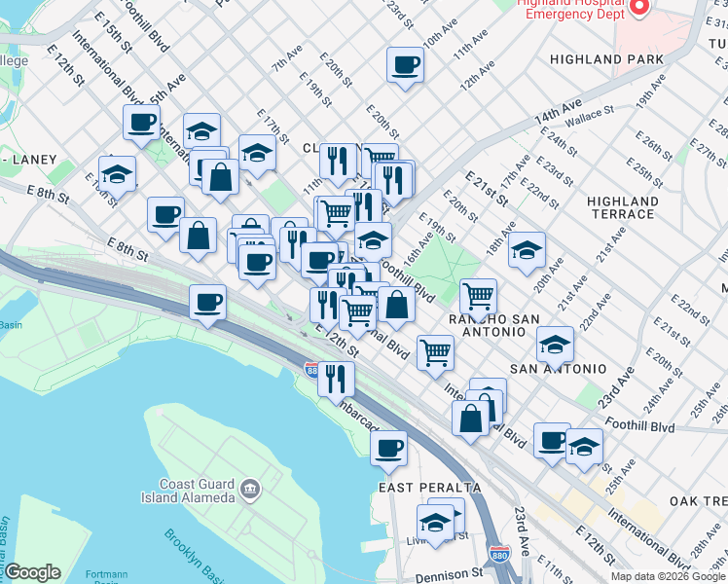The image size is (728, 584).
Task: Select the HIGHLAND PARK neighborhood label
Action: click(606, 59)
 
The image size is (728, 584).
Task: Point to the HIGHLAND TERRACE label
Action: click(623, 207)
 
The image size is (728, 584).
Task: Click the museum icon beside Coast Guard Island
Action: click(250, 487)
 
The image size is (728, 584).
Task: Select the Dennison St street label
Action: click(449, 576)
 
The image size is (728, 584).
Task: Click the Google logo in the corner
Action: click(32, 572)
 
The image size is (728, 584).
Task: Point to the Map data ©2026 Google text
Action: click(668, 577)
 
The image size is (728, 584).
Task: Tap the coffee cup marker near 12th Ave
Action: click(405, 66)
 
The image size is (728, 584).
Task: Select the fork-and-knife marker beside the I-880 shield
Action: click(336, 377)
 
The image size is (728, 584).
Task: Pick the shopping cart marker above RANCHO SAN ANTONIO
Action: click(478, 295)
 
